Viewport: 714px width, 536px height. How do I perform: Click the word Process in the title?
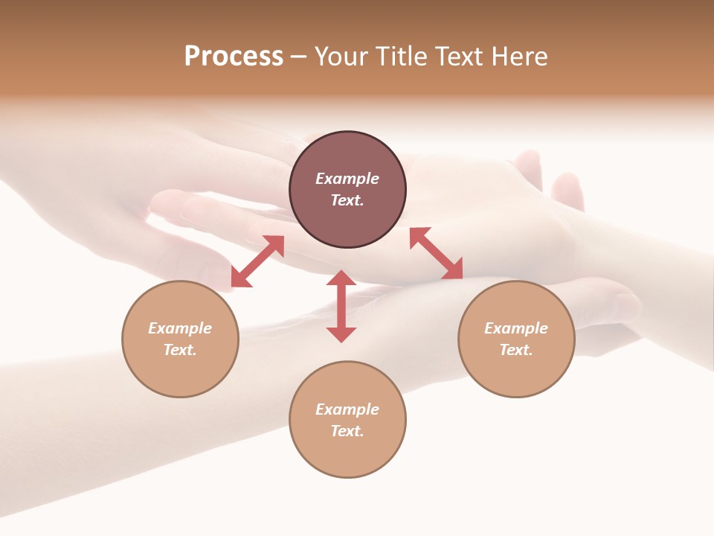coord(234,57)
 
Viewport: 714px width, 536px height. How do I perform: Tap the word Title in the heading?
coord(402,57)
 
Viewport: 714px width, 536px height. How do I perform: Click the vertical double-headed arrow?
coord(341,306)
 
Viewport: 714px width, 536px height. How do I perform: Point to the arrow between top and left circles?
coord(257,261)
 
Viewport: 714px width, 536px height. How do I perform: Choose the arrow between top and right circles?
coord(436,253)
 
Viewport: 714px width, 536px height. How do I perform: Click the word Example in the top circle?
coord(347,179)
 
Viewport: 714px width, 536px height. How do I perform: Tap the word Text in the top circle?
coord(347,200)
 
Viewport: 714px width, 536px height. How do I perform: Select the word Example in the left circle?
coord(180,328)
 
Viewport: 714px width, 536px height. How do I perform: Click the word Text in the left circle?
coord(180,350)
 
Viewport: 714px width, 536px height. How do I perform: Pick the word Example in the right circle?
coord(516,328)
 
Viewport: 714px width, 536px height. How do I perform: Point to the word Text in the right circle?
coord(516,350)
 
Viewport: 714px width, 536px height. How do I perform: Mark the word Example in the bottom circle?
coord(347,409)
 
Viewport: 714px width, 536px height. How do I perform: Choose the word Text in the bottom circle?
coord(347,431)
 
